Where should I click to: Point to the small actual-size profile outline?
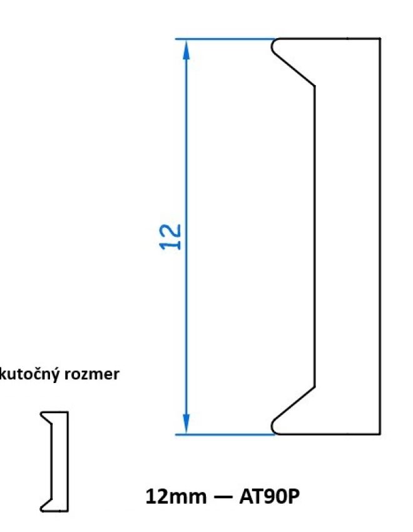point(56,461)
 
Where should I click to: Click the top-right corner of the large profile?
point(380,39)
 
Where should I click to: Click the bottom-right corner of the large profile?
point(380,433)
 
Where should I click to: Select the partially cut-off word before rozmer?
point(33,376)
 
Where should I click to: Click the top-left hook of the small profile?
point(44,415)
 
